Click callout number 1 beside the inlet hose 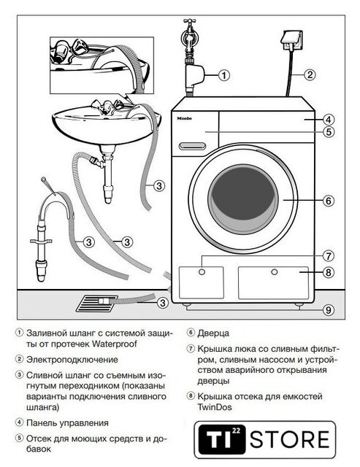pos(224,75)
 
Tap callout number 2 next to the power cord pos(310,74)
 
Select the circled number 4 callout pos(329,120)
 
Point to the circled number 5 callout pos(329,131)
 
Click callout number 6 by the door pos(329,201)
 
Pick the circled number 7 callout pos(329,256)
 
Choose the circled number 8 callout pos(329,272)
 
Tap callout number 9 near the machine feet pos(329,310)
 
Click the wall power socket pos(291,40)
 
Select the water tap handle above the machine pos(190,21)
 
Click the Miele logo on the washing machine pos(185,118)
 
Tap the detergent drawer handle pos(192,146)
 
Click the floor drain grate pos(97,304)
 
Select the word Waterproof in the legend pos(115,344)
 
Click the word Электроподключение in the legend pos(72,360)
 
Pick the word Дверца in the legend pos(213,333)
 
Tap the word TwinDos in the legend pos(215,407)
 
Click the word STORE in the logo pos(289,439)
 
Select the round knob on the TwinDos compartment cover pos(275,272)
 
